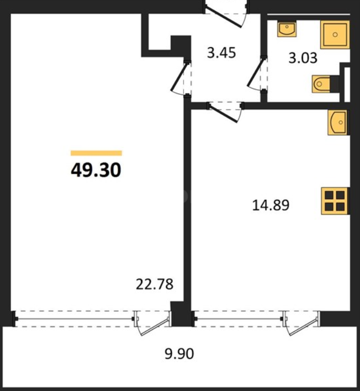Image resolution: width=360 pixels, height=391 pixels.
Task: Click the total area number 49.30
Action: tap(96, 170)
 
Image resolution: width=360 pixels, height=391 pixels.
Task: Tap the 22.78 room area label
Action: tap(155, 284)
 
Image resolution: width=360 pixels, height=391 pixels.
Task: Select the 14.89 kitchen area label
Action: tap(271, 205)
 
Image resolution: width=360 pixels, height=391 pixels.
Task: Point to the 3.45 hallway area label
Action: tap(221, 53)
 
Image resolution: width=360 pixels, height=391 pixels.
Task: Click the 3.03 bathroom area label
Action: tap(303, 58)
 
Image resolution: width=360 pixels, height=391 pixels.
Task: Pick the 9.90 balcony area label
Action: tap(179, 354)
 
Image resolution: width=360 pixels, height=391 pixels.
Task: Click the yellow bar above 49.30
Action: tap(96, 153)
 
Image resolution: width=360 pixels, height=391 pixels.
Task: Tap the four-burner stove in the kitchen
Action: tap(335, 201)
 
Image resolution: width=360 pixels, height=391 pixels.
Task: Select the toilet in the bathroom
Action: tap(322, 84)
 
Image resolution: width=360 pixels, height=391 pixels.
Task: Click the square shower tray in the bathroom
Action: tap(335, 35)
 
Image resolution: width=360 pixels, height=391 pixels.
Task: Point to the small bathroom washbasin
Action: tap(287, 29)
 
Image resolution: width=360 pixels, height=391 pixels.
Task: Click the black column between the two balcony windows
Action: tap(181, 314)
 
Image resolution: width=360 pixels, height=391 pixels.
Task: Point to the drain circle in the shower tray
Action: tap(335, 35)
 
